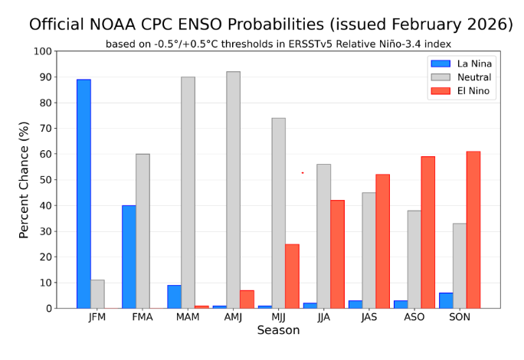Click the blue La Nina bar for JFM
[84, 194]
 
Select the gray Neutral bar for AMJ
[233, 190]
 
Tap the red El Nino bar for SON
[473, 230]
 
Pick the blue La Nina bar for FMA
[129, 257]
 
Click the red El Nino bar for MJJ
[292, 276]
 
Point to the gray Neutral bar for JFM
[97, 294]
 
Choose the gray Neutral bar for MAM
[188, 192]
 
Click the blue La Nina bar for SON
[446, 300]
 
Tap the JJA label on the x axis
[323, 317]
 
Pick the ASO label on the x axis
[414, 317]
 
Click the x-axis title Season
[278, 331]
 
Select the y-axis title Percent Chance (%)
[25, 180]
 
